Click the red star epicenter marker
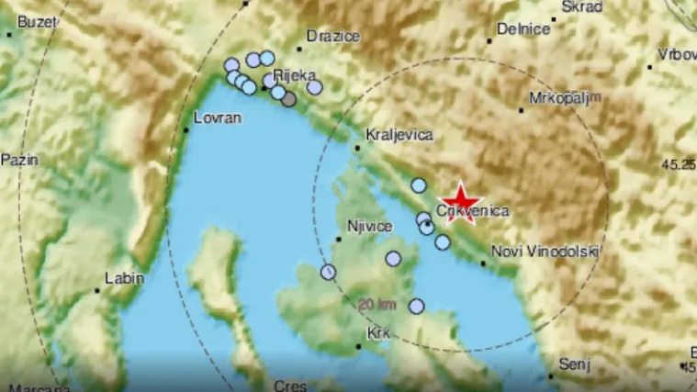point(461,201)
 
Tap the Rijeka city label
point(298,76)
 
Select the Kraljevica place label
point(399,134)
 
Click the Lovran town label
point(217,118)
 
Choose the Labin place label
point(124,277)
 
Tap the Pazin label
point(19,160)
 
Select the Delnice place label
point(523,29)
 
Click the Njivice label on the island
point(370,226)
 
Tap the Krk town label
point(378,333)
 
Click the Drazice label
point(332,35)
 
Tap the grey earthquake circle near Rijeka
point(288,99)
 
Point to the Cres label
point(290,386)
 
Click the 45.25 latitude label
point(678,164)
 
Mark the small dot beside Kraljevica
point(357,145)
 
